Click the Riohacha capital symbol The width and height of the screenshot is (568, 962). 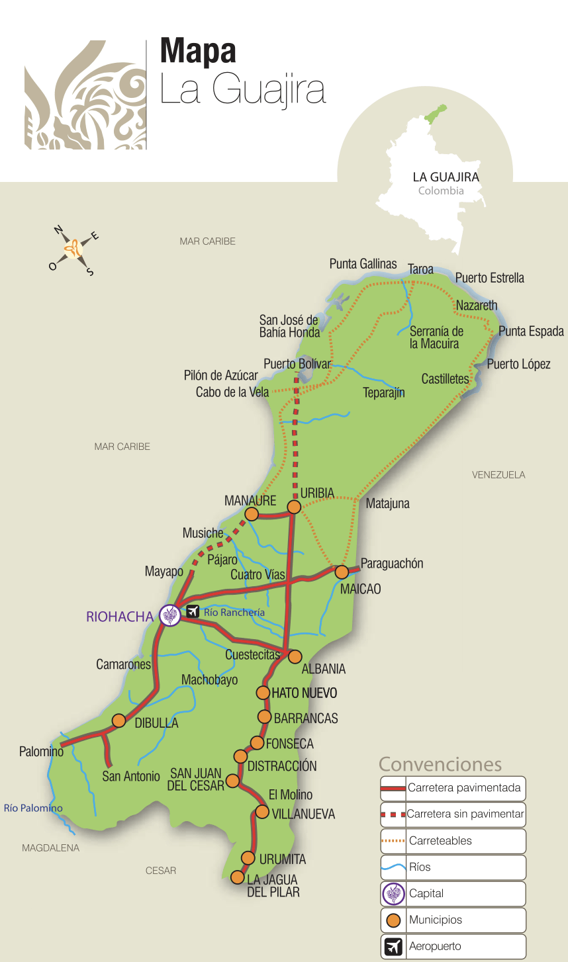pyautogui.click(x=170, y=615)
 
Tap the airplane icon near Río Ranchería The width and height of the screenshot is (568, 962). pyautogui.click(x=193, y=611)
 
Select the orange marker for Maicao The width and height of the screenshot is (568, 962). pyautogui.click(x=342, y=572)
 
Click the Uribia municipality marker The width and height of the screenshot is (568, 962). pyautogui.click(x=294, y=507)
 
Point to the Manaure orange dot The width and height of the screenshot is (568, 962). pyautogui.click(x=252, y=514)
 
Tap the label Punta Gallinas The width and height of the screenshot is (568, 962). pyautogui.click(x=363, y=264)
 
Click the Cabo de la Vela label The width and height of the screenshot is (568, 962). pyautogui.click(x=232, y=392)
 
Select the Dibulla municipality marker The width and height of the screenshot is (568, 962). pyautogui.click(x=119, y=721)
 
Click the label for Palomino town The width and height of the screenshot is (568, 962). pyautogui.click(x=41, y=752)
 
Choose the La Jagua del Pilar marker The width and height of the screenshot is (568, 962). pyautogui.click(x=237, y=877)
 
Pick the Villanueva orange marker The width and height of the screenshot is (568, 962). pyautogui.click(x=262, y=812)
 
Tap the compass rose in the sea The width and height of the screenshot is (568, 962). pyautogui.click(x=73, y=249)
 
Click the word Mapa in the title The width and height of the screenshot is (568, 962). pyautogui.click(x=198, y=52)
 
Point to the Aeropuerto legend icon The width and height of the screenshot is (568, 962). pyautogui.click(x=393, y=947)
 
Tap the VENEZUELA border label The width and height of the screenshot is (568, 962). pyautogui.click(x=498, y=475)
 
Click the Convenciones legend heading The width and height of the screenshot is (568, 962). pyautogui.click(x=440, y=764)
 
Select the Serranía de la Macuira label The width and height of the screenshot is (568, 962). pyautogui.click(x=436, y=337)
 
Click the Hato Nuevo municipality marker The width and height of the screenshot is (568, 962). pyautogui.click(x=263, y=693)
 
